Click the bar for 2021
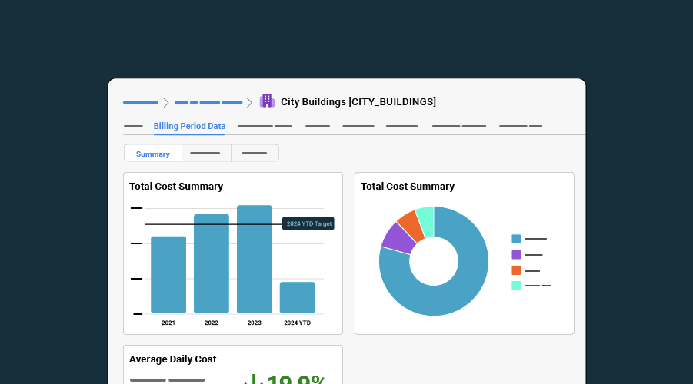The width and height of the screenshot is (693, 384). click(x=168, y=274)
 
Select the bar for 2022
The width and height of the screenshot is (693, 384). click(x=212, y=263)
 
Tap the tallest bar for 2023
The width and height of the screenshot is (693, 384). click(x=255, y=259)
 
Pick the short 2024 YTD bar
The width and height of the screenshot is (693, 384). click(x=297, y=297)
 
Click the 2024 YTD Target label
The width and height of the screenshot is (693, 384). click(x=308, y=223)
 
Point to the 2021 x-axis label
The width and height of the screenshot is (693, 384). click(x=168, y=323)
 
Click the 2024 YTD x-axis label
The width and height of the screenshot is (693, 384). click(x=297, y=323)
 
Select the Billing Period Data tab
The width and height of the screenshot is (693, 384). click(x=189, y=126)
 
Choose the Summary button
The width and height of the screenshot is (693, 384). click(x=153, y=154)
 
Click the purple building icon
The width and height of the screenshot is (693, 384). click(x=267, y=101)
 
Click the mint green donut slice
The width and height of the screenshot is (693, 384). click(x=425, y=217)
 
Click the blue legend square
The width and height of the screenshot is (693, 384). click(x=516, y=239)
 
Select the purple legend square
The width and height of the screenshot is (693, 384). click(x=516, y=254)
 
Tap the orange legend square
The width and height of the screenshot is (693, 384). click(x=516, y=270)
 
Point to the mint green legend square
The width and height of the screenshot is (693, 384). click(x=516, y=286)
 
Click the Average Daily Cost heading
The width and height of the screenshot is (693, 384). click(x=172, y=359)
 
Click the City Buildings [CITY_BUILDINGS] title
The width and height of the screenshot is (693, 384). click(x=358, y=101)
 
